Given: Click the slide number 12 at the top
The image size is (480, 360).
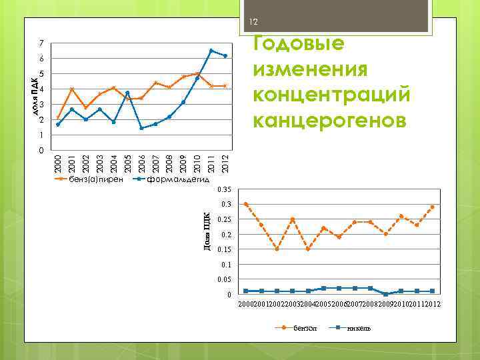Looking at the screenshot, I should click(253, 23).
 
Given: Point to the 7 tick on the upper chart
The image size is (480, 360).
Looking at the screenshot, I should click(41, 43).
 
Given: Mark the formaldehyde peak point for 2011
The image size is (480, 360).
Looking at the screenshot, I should click(211, 51).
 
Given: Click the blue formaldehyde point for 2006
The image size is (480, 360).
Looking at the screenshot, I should click(141, 128).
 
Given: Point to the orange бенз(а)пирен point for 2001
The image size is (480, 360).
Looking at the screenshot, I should click(72, 89).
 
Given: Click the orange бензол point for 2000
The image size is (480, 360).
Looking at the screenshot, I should click(246, 204).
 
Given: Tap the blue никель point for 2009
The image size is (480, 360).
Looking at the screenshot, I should click(386, 294).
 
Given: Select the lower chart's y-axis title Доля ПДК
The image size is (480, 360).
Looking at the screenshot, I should click(207, 232).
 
